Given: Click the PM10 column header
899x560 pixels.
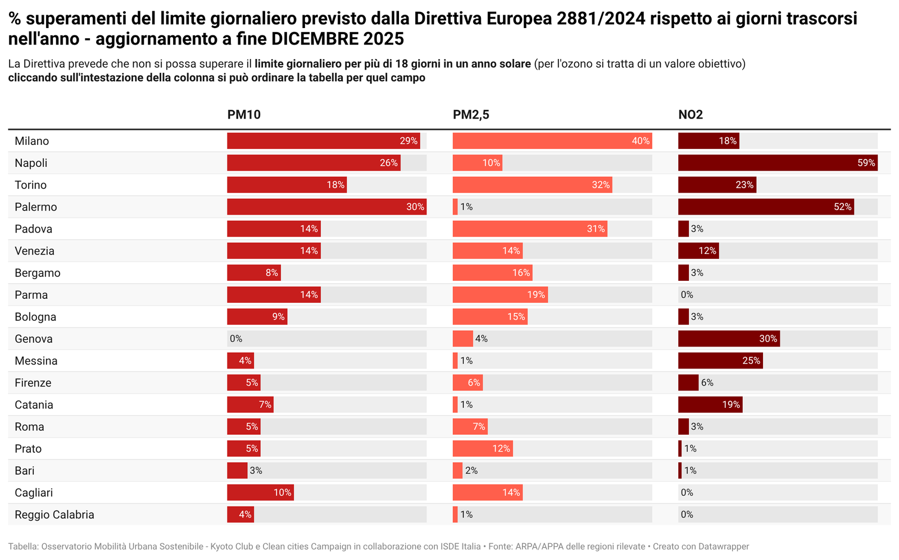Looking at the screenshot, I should point(244,115).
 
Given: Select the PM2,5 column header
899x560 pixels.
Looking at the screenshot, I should point(471,115).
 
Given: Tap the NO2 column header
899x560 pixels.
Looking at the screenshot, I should point(691,115).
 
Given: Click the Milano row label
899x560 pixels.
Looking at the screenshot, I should point(32,141).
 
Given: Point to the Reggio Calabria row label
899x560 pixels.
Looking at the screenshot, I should point(55,515).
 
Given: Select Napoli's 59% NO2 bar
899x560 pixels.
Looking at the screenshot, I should point(778,163).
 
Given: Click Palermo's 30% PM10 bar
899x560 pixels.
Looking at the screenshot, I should point(326,207).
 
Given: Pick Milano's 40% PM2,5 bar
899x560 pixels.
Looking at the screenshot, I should point(552,141).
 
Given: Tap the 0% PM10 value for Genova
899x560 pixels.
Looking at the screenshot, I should point(236,339).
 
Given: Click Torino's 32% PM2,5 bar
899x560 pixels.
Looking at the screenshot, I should point(532,185).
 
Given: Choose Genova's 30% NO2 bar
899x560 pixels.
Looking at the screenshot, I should point(729,339).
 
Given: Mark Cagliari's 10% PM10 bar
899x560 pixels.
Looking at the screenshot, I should point(260,493).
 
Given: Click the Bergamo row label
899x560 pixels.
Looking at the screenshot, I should point(38,273).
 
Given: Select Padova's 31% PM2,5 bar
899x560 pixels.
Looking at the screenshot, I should point(530,229).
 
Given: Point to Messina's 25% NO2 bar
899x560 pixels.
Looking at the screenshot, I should point(720,361).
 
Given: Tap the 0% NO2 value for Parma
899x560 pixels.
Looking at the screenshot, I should point(687,295).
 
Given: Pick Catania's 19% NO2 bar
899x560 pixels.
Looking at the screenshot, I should point(710,404).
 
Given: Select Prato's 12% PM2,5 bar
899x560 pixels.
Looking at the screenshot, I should point(483,449).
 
